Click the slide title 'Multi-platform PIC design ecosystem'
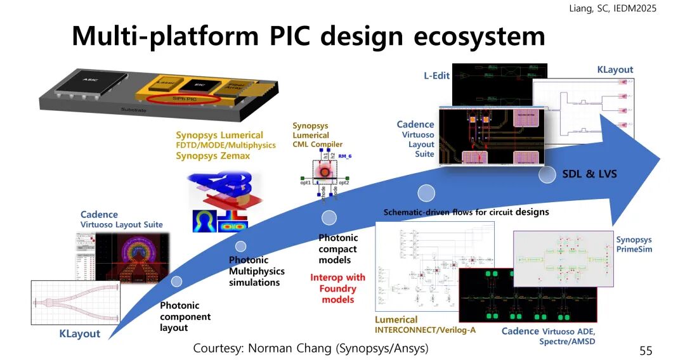pyautogui.click(x=308, y=36)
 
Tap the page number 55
pyautogui.click(x=646, y=350)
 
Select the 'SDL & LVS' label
pyautogui.click(x=590, y=174)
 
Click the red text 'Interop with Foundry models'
pyautogui.click(x=337, y=288)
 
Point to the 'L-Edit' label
pyautogui.click(x=436, y=75)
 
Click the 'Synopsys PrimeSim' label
pyautogui.click(x=634, y=245)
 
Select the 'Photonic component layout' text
pyautogui.click(x=185, y=316)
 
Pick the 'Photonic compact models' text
pyautogui.click(x=337, y=249)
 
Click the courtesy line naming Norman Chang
pyautogui.click(x=310, y=348)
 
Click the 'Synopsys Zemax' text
pyautogui.click(x=212, y=156)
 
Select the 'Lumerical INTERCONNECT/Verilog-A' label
pyautogui.click(x=415, y=325)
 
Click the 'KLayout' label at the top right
pyautogui.click(x=615, y=70)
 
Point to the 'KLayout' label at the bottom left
pyautogui.click(x=75, y=333)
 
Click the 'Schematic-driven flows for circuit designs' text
pyautogui.click(x=466, y=212)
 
